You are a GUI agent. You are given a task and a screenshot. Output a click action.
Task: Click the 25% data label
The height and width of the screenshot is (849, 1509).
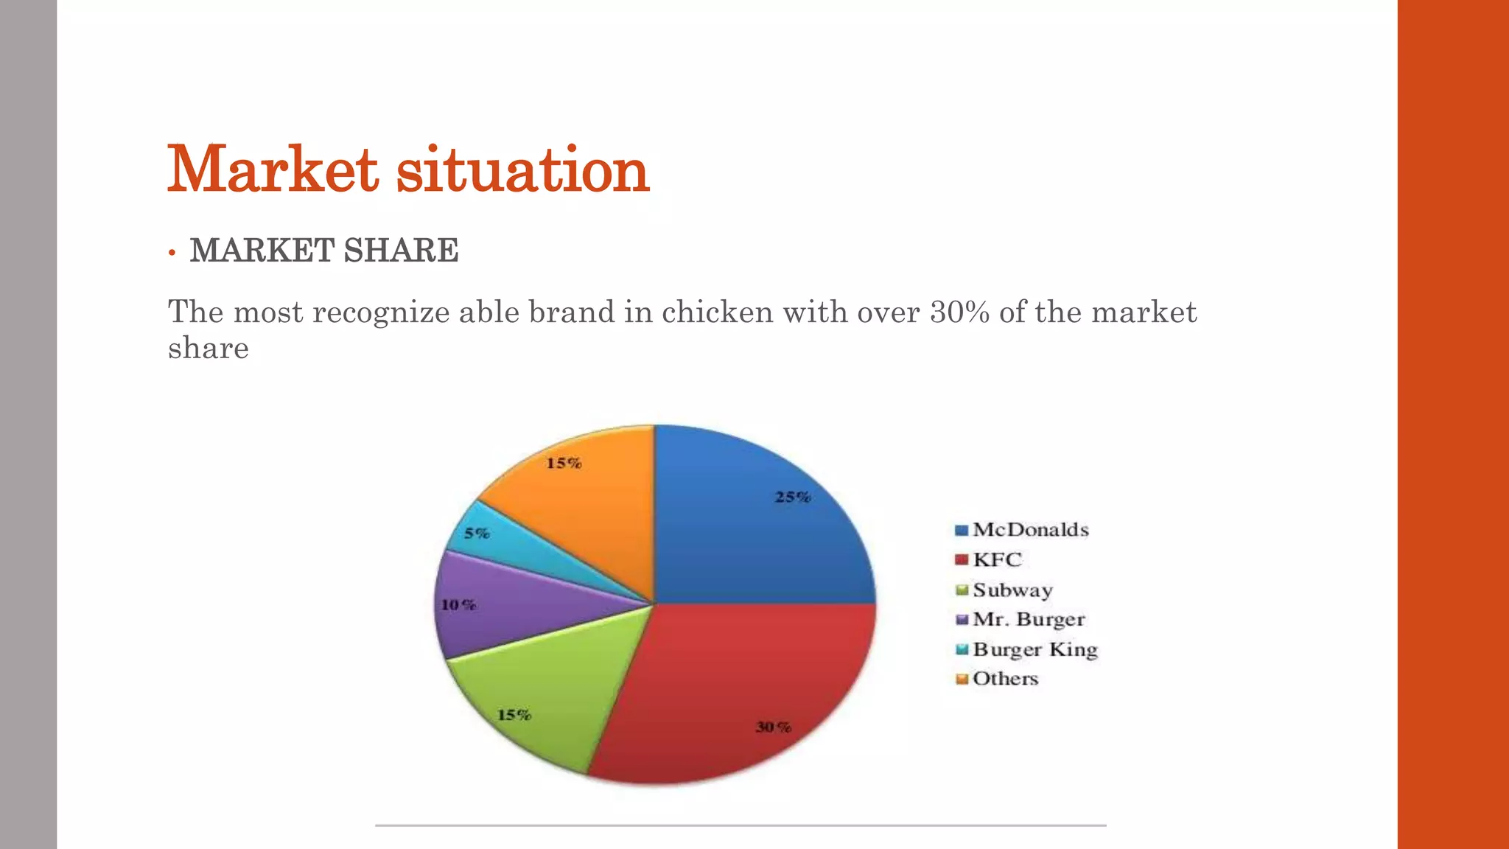click(x=793, y=497)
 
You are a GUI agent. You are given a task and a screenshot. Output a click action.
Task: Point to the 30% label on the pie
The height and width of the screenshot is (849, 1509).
click(x=774, y=727)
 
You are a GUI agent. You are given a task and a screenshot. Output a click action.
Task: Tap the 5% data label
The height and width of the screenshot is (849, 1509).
click(x=477, y=533)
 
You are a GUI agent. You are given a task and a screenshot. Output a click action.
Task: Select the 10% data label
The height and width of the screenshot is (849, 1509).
click(x=458, y=605)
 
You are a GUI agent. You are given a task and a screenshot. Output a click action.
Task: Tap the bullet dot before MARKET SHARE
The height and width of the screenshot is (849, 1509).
click(x=172, y=253)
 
